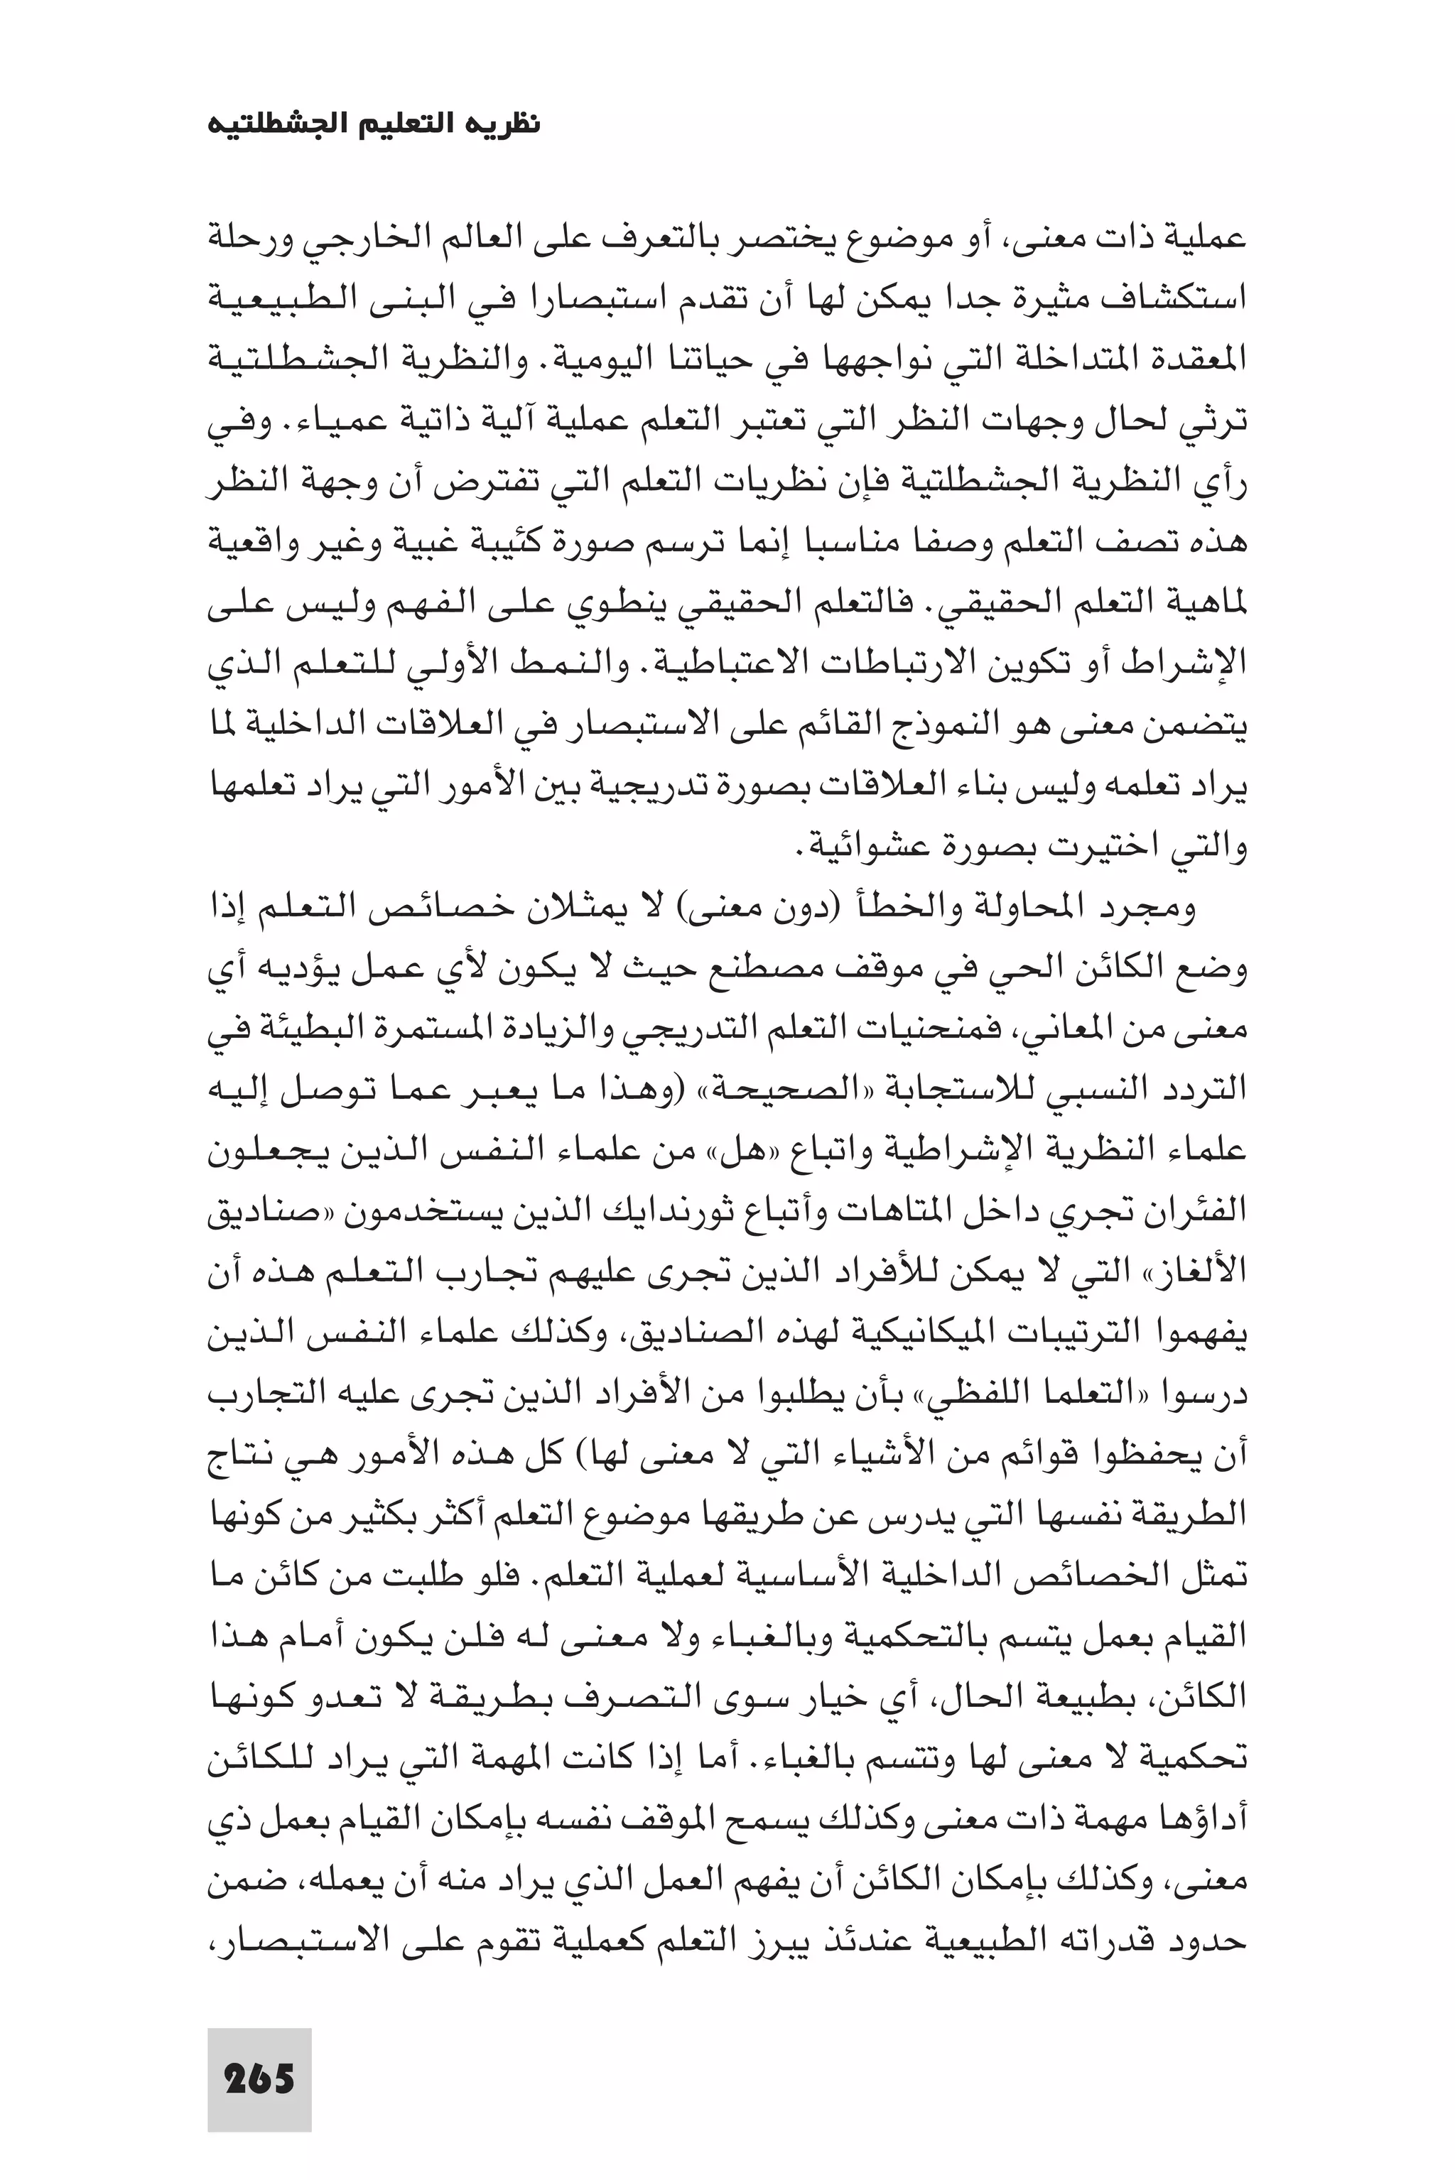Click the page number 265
(259, 2053)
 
